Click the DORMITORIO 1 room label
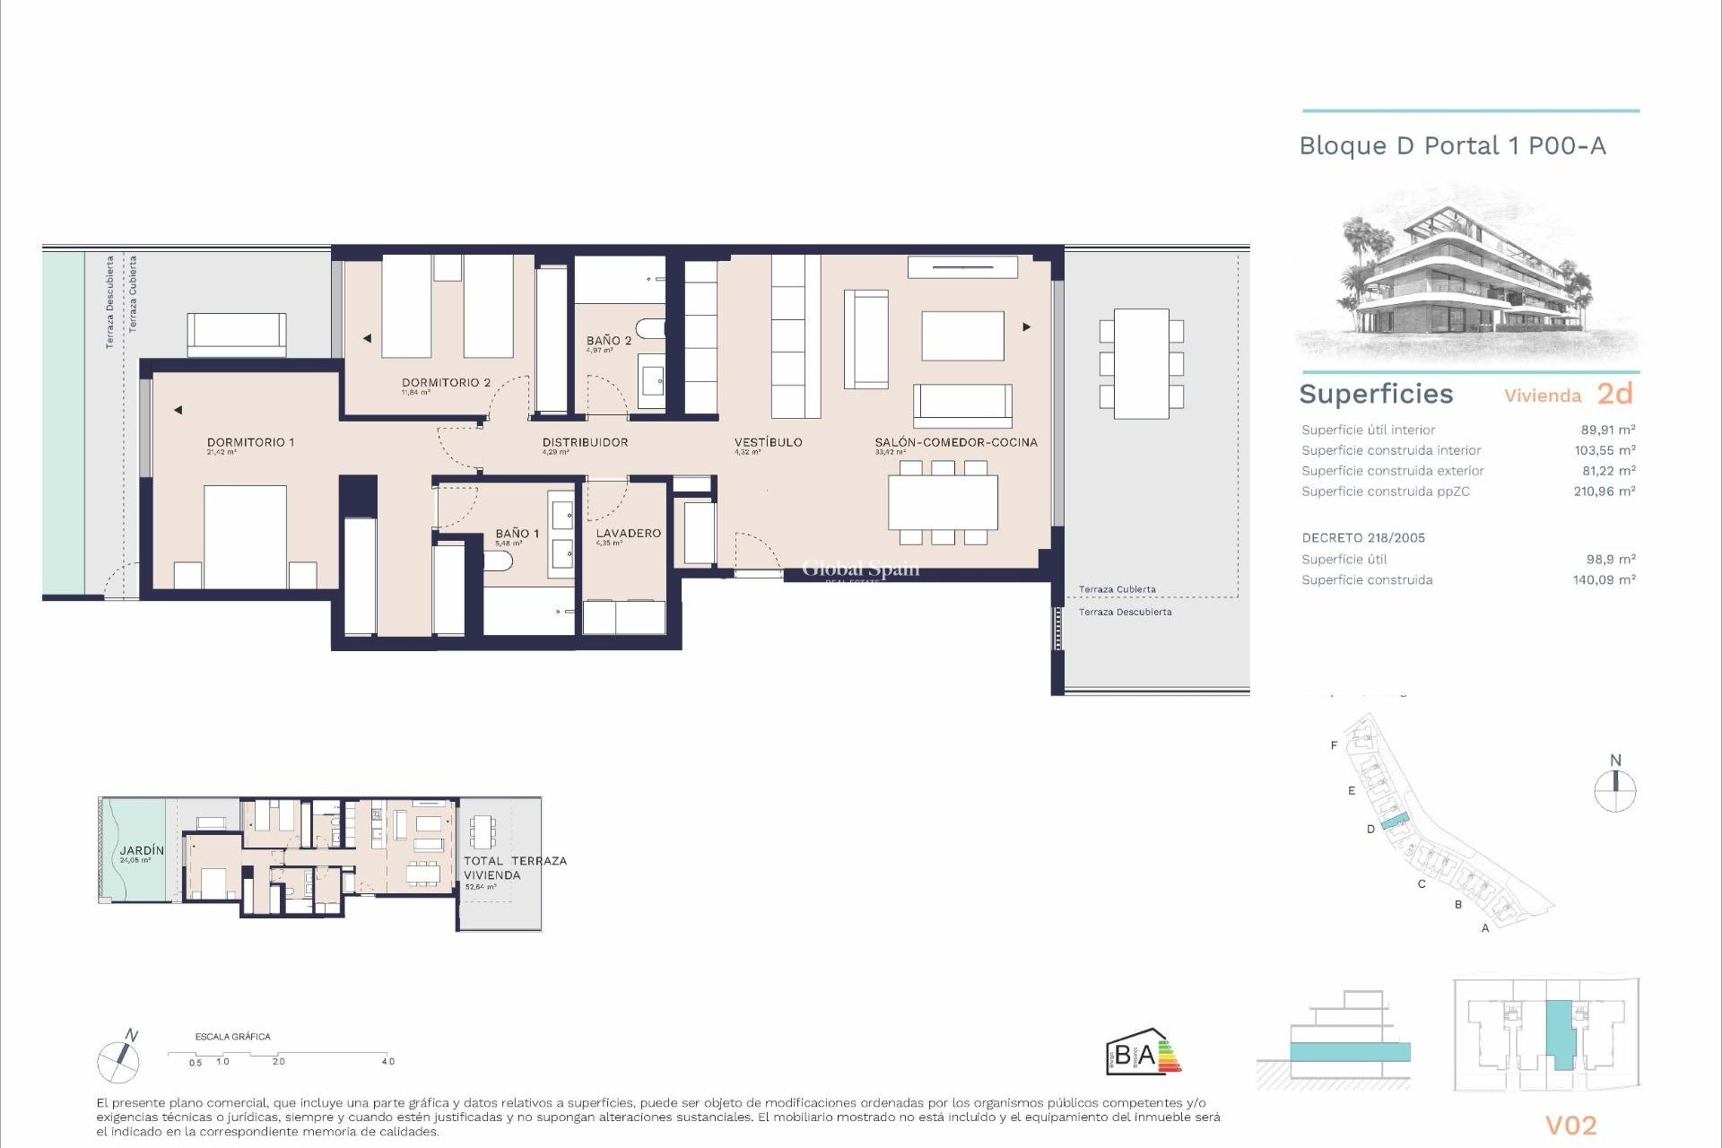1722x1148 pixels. (x=250, y=442)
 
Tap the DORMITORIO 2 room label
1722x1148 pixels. (x=446, y=382)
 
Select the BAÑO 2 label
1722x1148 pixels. (x=609, y=341)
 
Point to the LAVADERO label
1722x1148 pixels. (x=628, y=533)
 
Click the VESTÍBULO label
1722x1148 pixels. (x=768, y=442)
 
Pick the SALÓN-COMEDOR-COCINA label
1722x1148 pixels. (x=956, y=442)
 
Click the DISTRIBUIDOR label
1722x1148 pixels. (x=585, y=442)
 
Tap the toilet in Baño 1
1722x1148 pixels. (x=497, y=561)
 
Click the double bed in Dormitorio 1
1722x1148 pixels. (x=245, y=536)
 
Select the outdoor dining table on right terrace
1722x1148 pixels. (x=1141, y=363)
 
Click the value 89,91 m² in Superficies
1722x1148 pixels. (x=1607, y=430)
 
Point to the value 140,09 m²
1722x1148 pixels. (x=1604, y=580)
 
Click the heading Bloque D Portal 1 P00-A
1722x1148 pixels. (x=1452, y=146)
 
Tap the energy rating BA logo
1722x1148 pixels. (x=1143, y=1052)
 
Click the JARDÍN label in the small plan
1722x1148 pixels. (x=142, y=850)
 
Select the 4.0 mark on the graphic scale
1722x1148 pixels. (x=387, y=1061)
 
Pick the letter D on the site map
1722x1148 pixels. (x=1370, y=829)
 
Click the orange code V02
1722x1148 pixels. (x=1570, y=1126)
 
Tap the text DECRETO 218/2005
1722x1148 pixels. (x=1363, y=538)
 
